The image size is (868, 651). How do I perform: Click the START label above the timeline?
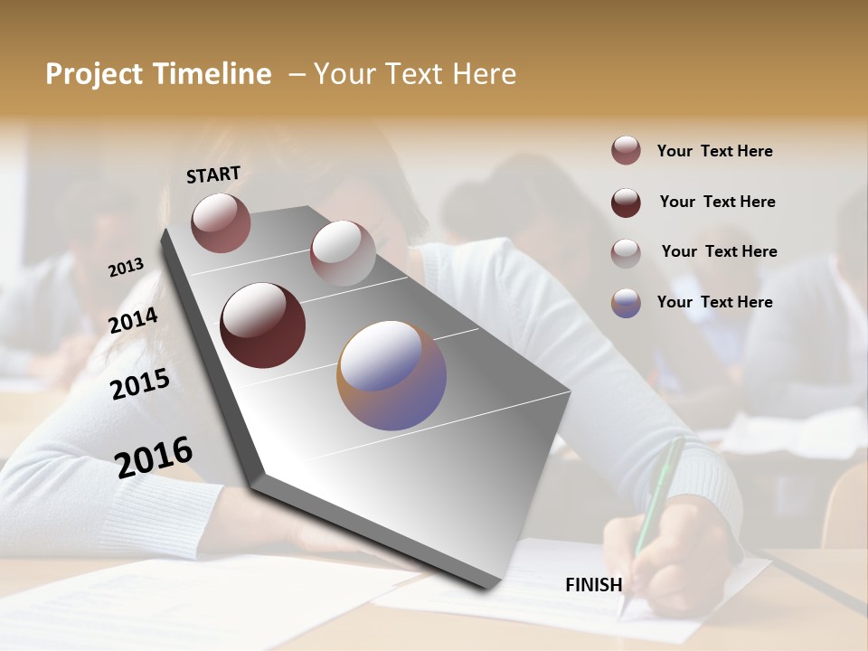pyautogui.click(x=213, y=175)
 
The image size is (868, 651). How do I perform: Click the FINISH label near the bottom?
pyautogui.click(x=593, y=585)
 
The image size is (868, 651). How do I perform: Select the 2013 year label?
pyautogui.click(x=127, y=268)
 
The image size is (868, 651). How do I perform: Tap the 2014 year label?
pyautogui.click(x=134, y=320)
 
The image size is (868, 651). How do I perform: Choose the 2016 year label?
pyautogui.click(x=155, y=457)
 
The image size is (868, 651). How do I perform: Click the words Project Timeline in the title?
pyautogui.click(x=158, y=74)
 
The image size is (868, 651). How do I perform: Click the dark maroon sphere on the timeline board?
pyautogui.click(x=262, y=325)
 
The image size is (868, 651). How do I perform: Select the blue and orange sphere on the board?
pyautogui.click(x=392, y=375)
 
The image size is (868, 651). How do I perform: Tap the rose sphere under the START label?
pyautogui.click(x=221, y=222)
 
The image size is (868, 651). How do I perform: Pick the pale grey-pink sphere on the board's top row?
pyautogui.click(x=343, y=253)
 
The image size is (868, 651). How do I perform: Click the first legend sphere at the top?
pyautogui.click(x=626, y=150)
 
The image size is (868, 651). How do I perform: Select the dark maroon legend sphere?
pyautogui.click(x=626, y=203)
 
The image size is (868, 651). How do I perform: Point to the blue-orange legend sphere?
pyautogui.click(x=626, y=303)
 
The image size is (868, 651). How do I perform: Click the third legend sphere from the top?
pyautogui.click(x=626, y=253)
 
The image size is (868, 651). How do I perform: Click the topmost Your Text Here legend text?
pyautogui.click(x=714, y=151)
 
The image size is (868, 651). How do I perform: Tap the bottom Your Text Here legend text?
pyautogui.click(x=714, y=302)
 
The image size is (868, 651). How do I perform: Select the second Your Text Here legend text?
pyautogui.click(x=717, y=202)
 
